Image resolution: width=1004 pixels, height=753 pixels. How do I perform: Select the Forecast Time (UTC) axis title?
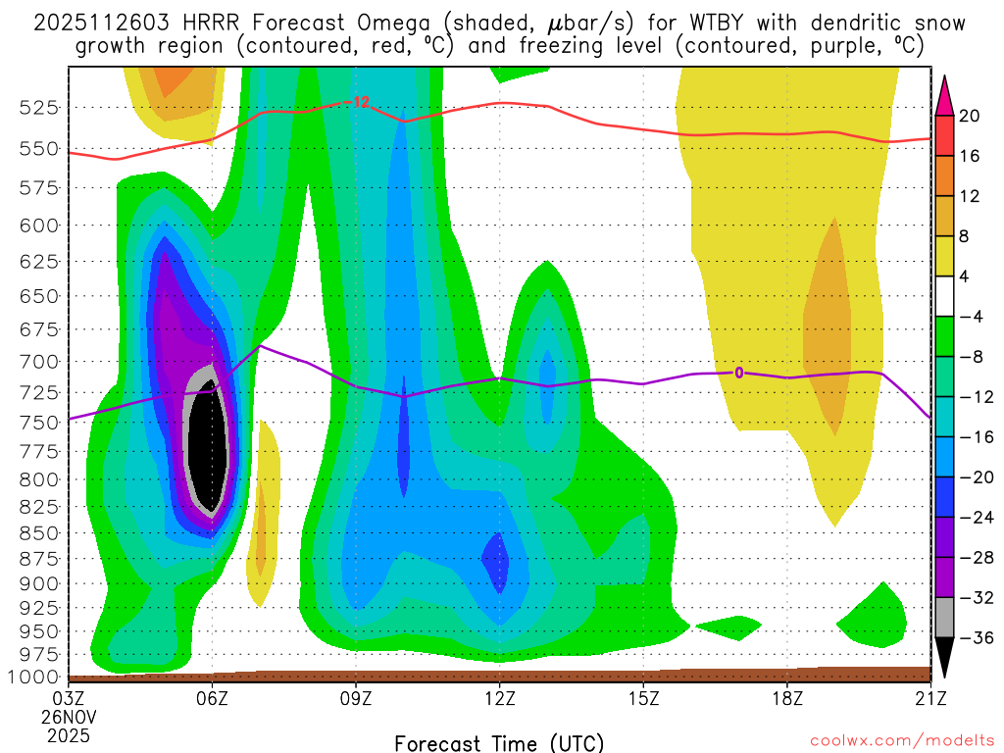[x=499, y=742]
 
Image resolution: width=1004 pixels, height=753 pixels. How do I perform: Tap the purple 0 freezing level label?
[x=739, y=372]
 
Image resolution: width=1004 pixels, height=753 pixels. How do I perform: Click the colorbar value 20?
[x=970, y=116]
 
